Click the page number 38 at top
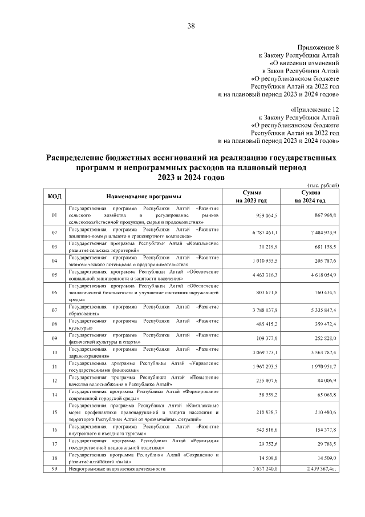click(x=191, y=26)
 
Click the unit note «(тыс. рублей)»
click(x=323, y=185)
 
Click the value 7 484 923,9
click(x=321, y=233)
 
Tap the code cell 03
click(x=54, y=247)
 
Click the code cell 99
click(x=54, y=469)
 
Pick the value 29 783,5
click(x=325, y=444)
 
